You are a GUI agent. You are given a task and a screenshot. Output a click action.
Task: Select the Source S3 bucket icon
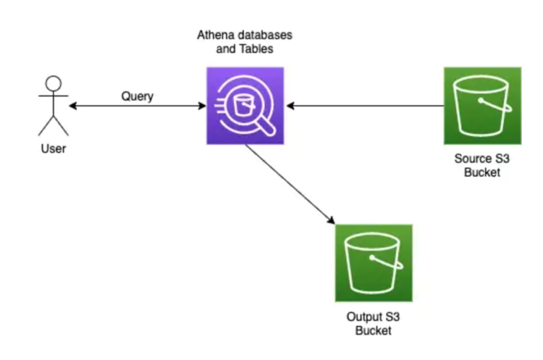click(482, 105)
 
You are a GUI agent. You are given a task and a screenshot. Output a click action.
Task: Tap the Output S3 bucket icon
click(373, 263)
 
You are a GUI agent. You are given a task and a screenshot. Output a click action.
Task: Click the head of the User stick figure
click(53, 82)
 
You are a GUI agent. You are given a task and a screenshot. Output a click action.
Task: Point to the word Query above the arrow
click(136, 96)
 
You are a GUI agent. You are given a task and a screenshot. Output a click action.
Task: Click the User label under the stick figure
click(53, 149)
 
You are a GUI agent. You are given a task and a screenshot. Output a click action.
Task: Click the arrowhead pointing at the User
click(73, 107)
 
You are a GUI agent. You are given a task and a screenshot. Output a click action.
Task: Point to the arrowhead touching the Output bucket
click(331, 220)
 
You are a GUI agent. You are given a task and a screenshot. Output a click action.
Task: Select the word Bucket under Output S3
click(373, 330)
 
